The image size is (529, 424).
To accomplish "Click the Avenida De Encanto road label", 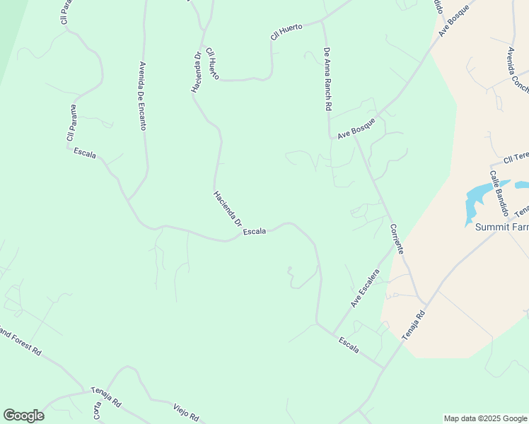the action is coord(143,95).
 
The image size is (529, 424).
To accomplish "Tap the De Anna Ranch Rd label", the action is coord(327,79).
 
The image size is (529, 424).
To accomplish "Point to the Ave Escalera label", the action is coord(366,288).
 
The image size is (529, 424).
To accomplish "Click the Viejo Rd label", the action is coord(186,411).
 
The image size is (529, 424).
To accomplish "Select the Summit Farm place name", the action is coord(501,227).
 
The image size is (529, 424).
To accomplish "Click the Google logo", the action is coord(23,416).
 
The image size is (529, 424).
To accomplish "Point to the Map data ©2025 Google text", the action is coord(485,418).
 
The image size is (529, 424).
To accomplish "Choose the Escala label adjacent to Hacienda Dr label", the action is coord(254,231).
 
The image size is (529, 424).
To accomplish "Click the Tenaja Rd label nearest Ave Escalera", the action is coord(414,326).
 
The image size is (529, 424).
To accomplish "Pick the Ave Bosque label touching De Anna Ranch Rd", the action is coord(356,129).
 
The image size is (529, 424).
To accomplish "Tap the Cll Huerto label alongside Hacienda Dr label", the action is coord(213,64).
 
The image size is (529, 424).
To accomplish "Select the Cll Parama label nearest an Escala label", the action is coord(71,123).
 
